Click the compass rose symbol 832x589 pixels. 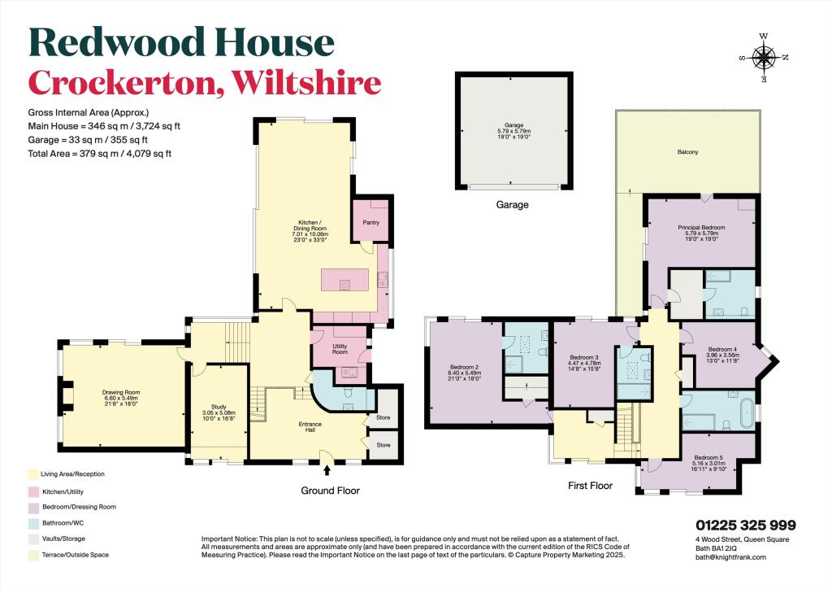point(764,57)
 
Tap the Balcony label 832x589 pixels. point(687,152)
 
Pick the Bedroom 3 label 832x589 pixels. point(583,357)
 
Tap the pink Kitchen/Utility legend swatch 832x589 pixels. point(32,491)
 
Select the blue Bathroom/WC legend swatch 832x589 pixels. point(32,522)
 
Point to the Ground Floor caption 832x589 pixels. point(330,491)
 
